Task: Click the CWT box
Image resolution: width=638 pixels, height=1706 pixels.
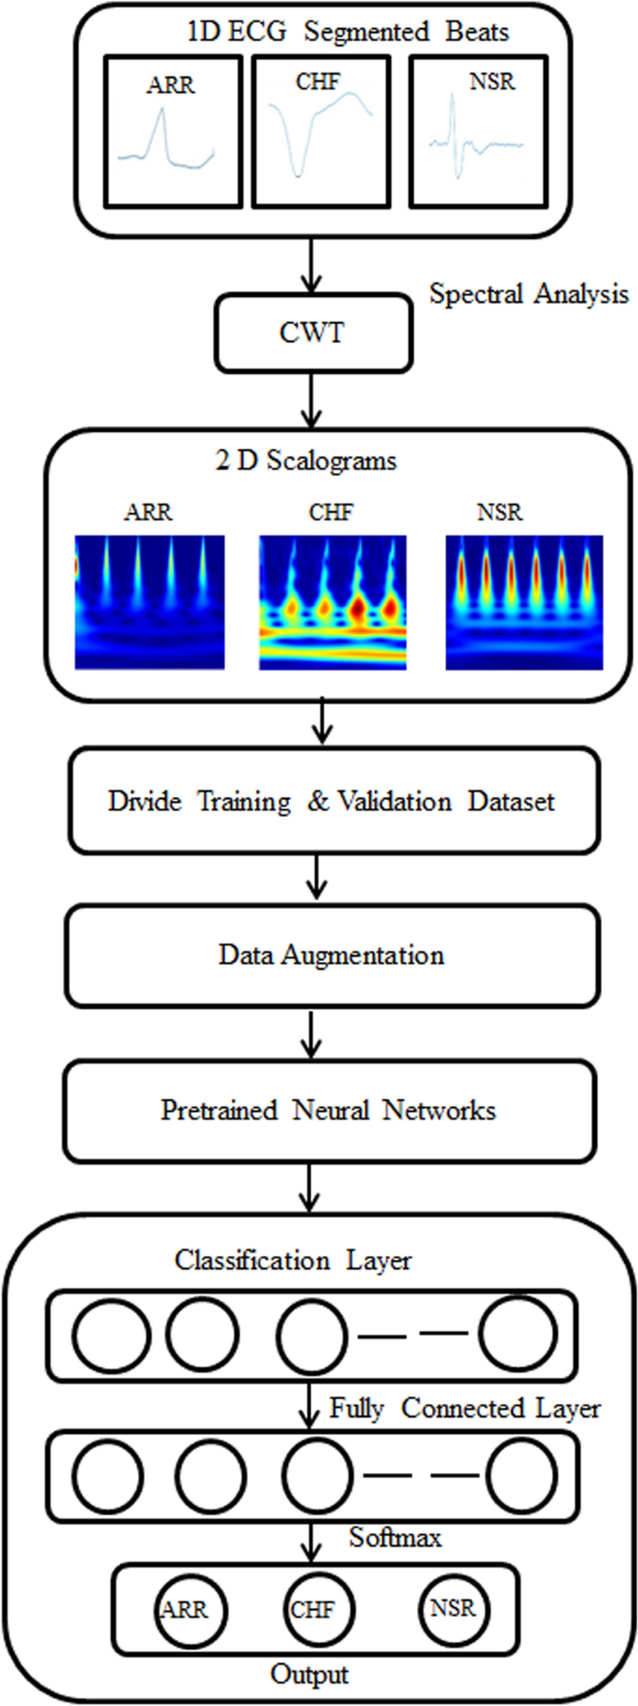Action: coord(313,332)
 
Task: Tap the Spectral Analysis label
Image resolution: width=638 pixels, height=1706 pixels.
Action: coord(528,294)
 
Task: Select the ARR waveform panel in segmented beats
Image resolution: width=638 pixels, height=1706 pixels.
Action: coord(173,130)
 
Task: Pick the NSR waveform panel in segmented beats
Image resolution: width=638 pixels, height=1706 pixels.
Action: coord(477,130)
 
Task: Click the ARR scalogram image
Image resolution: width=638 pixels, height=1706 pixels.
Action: coord(150,602)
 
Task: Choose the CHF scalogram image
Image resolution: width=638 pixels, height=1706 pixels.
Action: coord(333,602)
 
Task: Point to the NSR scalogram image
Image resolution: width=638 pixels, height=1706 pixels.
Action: coord(524,602)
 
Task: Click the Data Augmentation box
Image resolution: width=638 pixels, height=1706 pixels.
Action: coord(332,955)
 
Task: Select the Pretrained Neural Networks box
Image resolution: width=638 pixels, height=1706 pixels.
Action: coord(328,1110)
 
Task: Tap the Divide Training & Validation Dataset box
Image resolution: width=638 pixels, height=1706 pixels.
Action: coord(333,801)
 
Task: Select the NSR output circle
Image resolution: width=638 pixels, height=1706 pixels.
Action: coord(454,1608)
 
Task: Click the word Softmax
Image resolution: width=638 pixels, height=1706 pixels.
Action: coord(395,1537)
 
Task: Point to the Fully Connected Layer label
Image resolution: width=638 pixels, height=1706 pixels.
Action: coord(465,1409)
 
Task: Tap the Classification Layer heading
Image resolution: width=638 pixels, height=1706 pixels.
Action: coord(292,1261)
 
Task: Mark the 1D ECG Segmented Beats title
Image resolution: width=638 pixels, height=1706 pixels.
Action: coord(347,32)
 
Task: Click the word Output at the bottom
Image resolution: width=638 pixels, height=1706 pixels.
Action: coord(309,1674)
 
